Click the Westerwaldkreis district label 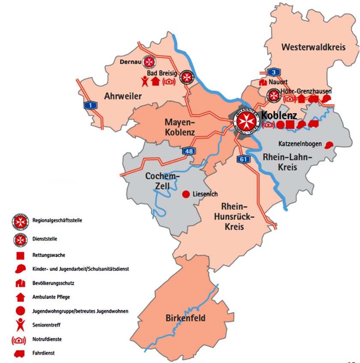tap(313, 47)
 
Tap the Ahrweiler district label tap(123, 96)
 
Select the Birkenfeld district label tap(186, 318)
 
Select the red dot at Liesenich tap(186, 194)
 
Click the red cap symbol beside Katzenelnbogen tap(329, 145)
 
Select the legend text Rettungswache tap(48, 255)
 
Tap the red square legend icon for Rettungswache tap(19, 256)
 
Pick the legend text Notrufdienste tap(47, 339)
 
